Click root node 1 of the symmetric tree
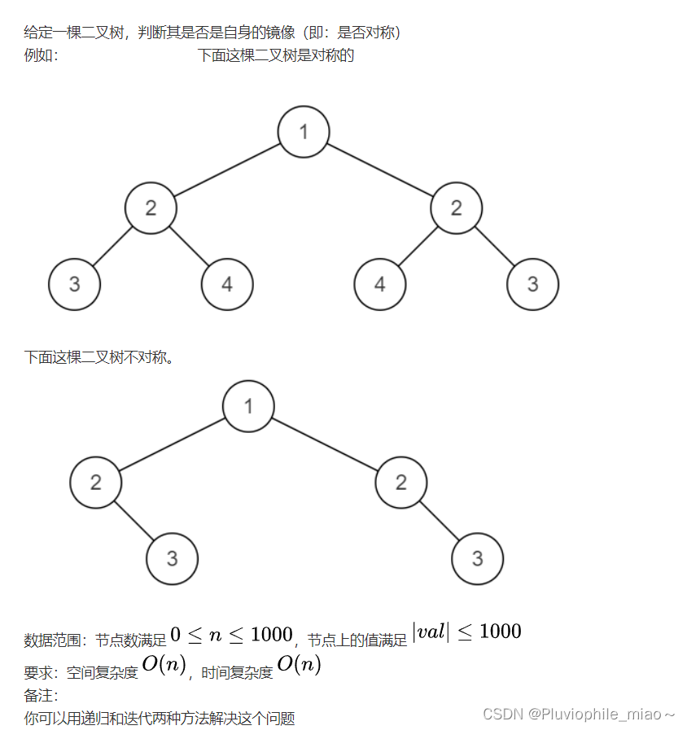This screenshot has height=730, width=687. (x=304, y=131)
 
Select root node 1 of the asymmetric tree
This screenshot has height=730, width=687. (x=249, y=405)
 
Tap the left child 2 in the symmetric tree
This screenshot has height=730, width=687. (x=151, y=208)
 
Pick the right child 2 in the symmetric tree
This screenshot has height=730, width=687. (x=456, y=208)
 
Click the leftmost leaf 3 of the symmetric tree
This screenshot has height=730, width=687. (x=75, y=284)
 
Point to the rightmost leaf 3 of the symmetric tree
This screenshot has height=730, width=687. (x=532, y=284)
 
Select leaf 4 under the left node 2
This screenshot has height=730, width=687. (x=227, y=284)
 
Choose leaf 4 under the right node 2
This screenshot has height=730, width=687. (x=380, y=284)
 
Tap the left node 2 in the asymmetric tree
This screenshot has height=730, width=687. (x=96, y=482)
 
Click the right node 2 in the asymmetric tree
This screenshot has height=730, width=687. (x=400, y=482)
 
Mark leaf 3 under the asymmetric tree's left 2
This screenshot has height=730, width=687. (x=173, y=558)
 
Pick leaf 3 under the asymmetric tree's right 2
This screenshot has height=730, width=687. (x=477, y=558)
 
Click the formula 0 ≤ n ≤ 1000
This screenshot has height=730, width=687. (x=231, y=634)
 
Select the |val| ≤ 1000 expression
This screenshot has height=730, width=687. (x=466, y=632)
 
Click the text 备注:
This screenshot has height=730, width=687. (x=41, y=696)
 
